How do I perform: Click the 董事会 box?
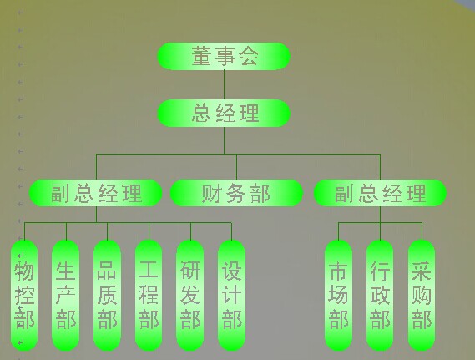pos(224,56)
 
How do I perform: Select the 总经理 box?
pos(224,114)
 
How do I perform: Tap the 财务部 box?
pos(236,193)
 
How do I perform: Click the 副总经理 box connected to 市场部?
pos(380,193)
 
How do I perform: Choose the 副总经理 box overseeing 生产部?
pos(96,193)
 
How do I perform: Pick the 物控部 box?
pos(24,296)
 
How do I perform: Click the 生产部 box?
pos(66,296)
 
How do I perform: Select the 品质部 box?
pos(107,296)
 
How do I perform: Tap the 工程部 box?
pos(149,296)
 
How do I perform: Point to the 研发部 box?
pos(190,296)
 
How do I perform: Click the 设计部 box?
pos(232,296)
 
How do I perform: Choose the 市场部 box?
pos(338,296)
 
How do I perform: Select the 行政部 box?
pos(380,296)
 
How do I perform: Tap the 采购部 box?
pos(422,296)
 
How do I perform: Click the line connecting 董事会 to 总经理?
pos(225,85)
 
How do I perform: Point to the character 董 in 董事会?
pos(201,56)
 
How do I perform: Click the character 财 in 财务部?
pos(212,193)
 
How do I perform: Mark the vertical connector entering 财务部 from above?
pos(236,167)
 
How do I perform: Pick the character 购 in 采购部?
pos(422,295)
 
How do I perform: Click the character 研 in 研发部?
pos(190,271)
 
